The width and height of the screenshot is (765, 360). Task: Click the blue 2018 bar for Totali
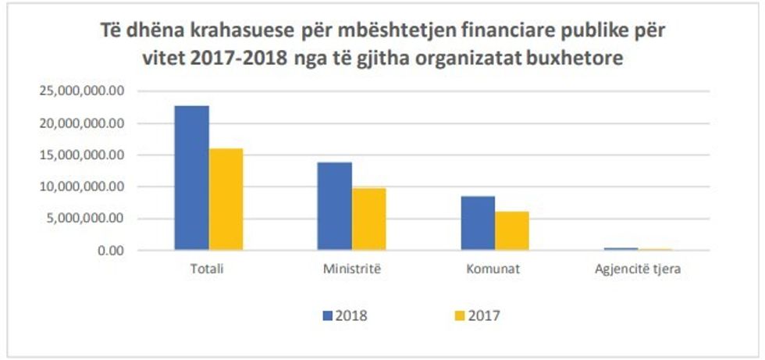[x=191, y=178]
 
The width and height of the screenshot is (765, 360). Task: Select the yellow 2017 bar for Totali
[x=226, y=199]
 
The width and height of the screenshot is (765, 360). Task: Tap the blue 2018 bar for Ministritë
[x=334, y=206]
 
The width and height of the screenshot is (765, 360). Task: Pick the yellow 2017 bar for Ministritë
[x=368, y=219]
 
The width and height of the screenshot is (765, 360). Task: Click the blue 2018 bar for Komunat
[x=477, y=223]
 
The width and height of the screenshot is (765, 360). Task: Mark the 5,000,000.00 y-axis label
[x=86, y=219]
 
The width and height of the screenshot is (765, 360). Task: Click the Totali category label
[x=208, y=269]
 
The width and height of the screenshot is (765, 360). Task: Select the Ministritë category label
[x=351, y=269]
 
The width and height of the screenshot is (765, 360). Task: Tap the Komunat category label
[x=494, y=269]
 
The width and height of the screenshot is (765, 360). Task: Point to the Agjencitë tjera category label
[x=637, y=269]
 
